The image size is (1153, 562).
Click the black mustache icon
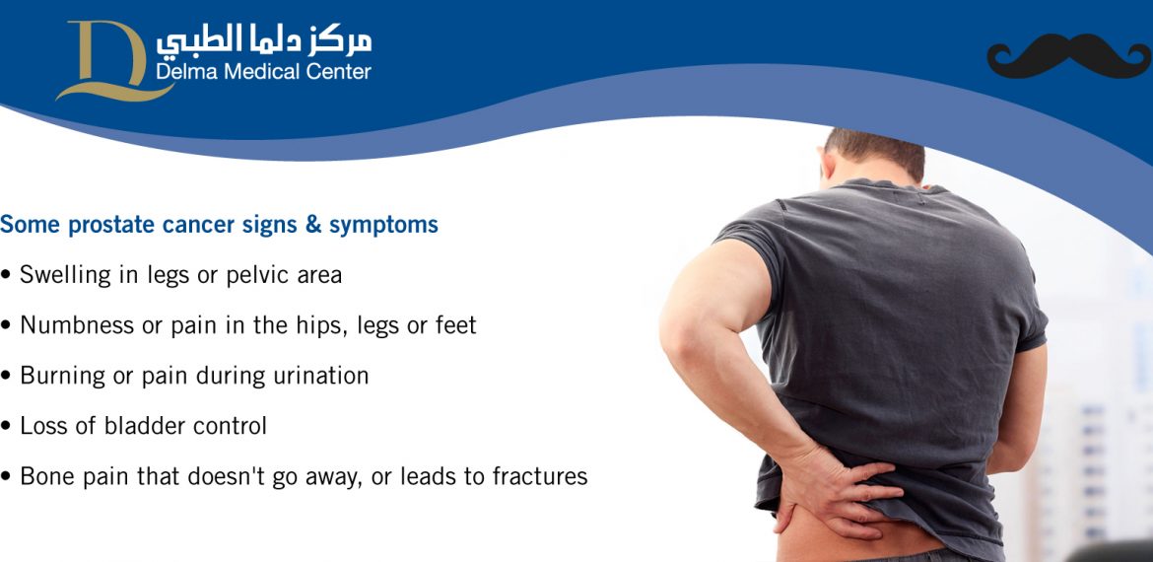pyautogui.click(x=1069, y=56)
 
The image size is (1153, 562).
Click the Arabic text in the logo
pyautogui.click(x=264, y=41)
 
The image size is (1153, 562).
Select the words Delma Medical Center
pyautogui.click(x=263, y=72)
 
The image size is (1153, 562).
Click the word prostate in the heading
pyautogui.click(x=105, y=225)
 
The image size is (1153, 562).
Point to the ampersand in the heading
pyautogui.click(x=313, y=225)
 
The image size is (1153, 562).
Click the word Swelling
pyautogui.click(x=65, y=275)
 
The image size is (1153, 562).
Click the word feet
pyautogui.click(x=455, y=325)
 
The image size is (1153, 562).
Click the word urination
pyautogui.click(x=320, y=376)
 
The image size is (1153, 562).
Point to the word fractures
pyautogui.click(x=540, y=476)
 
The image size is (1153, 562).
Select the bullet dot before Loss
pyautogui.click(x=6, y=427)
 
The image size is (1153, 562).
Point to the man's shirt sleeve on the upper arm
pyautogui.click(x=746, y=243)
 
